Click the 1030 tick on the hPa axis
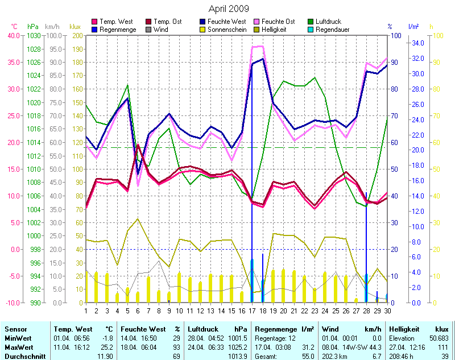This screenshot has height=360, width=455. click(x=34, y=35)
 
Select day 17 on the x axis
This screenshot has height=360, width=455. click(x=252, y=311)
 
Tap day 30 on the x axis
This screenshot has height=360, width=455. click(x=388, y=311)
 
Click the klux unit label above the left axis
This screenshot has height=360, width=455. click(x=75, y=27)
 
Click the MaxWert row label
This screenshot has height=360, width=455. click(x=18, y=346)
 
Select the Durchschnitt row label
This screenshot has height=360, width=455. click(x=24, y=355)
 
